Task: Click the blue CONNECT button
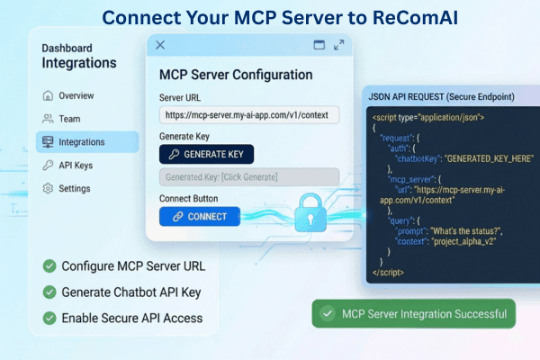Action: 200,216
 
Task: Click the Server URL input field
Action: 249,114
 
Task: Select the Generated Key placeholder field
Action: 249,176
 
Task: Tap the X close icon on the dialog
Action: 160,44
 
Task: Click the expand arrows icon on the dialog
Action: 339,44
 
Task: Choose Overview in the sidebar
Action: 76,95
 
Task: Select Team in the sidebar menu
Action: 70,118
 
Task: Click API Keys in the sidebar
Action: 76,165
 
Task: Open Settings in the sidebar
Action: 74,188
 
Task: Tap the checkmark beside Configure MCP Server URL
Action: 48,266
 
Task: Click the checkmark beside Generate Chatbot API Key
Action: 48,292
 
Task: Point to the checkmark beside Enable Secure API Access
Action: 48,318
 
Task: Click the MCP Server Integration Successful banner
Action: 414,314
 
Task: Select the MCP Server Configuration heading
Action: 236,75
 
